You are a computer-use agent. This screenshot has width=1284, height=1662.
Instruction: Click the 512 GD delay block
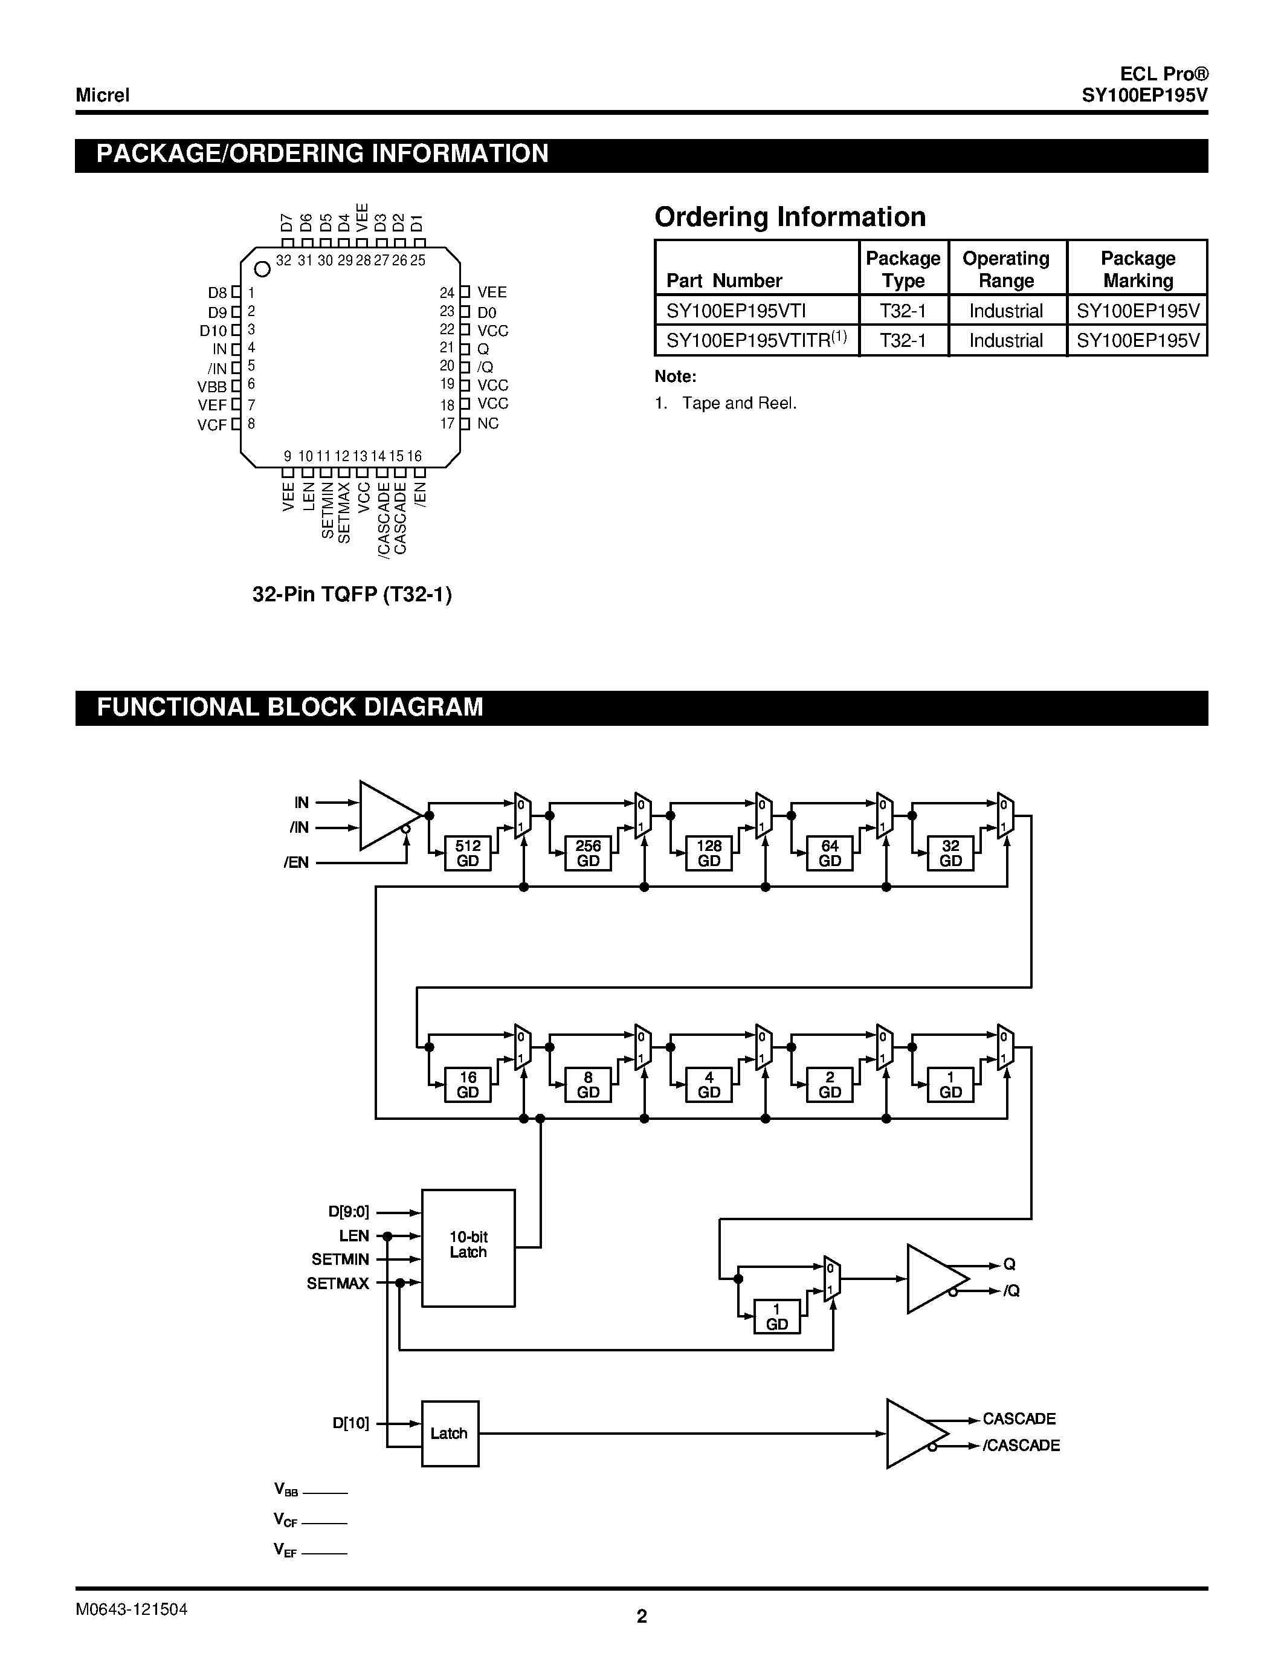coord(467,853)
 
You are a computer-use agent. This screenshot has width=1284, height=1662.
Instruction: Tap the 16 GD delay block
coord(467,1084)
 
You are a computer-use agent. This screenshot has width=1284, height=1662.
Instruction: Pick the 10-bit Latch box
coord(468,1247)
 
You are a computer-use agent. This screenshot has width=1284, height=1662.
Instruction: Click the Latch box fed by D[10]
coord(450,1434)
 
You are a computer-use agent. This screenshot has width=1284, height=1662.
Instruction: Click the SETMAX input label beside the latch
coord(338,1284)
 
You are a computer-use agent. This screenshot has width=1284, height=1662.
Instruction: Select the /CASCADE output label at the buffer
coord(1021,1446)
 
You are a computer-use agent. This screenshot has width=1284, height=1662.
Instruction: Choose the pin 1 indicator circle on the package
coord(262,270)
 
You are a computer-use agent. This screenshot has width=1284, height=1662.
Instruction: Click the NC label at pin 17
coord(488,424)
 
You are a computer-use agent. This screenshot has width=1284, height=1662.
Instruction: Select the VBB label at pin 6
coord(212,387)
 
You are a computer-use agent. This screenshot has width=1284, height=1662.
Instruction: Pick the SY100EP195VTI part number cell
coord(735,311)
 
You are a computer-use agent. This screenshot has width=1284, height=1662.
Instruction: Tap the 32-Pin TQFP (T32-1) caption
coord(352,594)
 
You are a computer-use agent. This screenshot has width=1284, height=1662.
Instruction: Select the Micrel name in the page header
coord(103,95)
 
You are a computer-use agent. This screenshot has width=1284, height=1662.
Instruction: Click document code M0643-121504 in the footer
coord(132,1609)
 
